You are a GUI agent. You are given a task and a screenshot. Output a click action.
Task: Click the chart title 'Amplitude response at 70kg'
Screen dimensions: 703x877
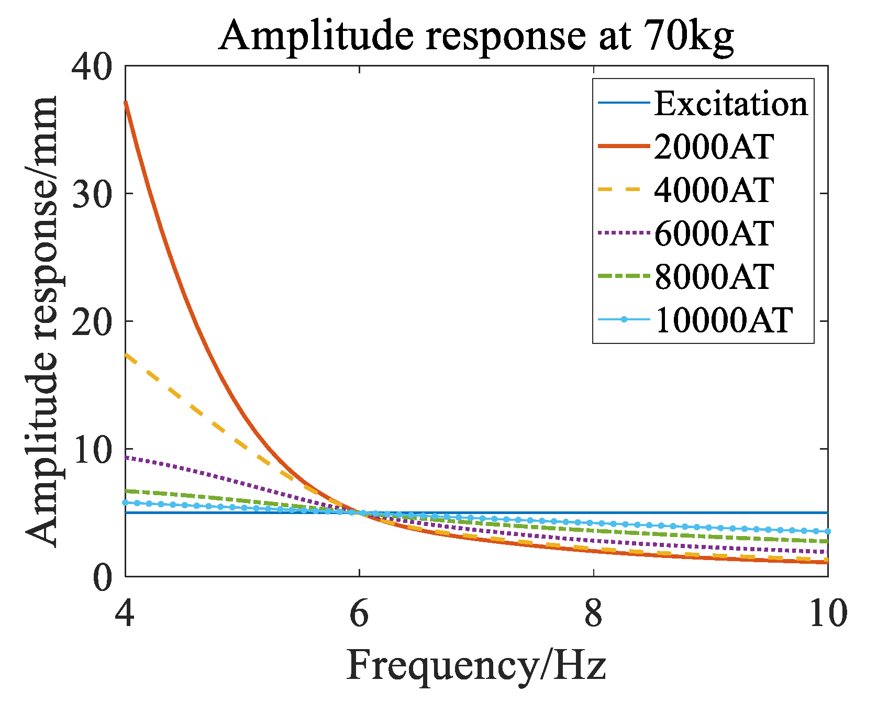(475, 36)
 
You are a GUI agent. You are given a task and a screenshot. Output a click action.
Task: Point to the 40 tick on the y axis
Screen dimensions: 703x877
(92, 66)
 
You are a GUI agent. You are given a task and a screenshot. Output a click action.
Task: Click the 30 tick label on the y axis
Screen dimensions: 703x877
(92, 194)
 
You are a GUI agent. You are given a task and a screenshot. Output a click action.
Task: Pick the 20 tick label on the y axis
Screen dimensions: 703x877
(92, 321)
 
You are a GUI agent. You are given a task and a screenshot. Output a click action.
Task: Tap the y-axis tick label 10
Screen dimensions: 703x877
(92, 449)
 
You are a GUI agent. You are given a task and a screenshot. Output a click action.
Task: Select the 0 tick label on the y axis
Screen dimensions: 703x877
(103, 576)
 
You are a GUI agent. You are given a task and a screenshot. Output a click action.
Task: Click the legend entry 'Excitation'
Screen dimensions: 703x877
(731, 104)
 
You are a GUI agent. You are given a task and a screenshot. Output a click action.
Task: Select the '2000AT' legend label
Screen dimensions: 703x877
(714, 147)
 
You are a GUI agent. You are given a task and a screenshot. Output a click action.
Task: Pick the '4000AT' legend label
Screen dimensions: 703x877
(714, 190)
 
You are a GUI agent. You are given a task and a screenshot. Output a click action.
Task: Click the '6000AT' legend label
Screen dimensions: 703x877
(714, 233)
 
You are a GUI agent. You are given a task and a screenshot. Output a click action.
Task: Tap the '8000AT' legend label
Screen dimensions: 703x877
(714, 276)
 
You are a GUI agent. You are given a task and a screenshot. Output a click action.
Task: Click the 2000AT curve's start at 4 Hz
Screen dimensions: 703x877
(126, 103)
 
